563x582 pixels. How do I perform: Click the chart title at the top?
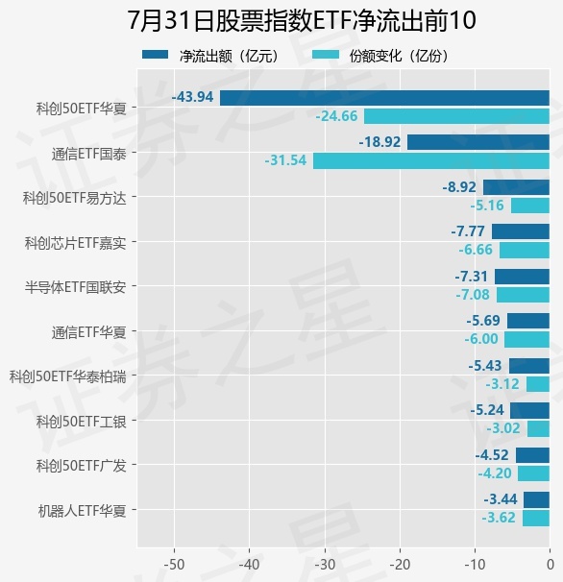pos(302,20)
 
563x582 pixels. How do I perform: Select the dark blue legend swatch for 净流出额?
pos(156,55)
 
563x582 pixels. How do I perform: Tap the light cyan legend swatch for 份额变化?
pos(326,55)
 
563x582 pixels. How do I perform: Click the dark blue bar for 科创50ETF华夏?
pos(384,98)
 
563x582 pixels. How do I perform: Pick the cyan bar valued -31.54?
pos(431,161)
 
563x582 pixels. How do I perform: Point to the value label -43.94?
pos(193,97)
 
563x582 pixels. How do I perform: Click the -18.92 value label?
pos(379,142)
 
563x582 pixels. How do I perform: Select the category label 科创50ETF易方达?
pos(75,198)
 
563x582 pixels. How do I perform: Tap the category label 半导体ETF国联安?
pos(75,287)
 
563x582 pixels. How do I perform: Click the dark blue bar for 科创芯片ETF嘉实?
pos(521,231)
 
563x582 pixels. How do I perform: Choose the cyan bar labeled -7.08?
pos(523,295)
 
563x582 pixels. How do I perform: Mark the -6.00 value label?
pos(481,339)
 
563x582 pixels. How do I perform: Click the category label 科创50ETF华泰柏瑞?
pos(68,376)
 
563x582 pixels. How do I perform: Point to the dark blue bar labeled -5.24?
pos(530,410)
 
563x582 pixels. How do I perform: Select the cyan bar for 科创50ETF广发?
pos(533,473)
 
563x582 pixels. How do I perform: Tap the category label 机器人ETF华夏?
pos(82,511)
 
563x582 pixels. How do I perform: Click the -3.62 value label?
pos(499,518)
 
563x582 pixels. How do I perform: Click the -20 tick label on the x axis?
pos(400,565)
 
